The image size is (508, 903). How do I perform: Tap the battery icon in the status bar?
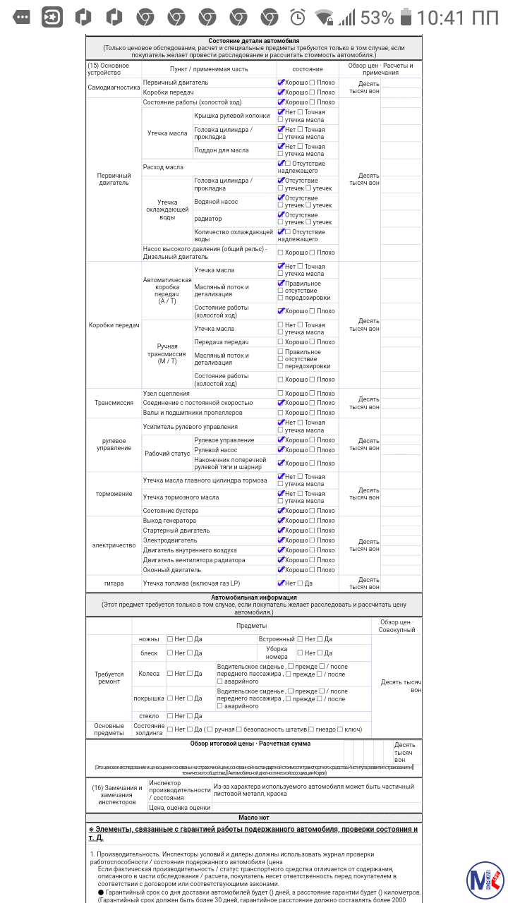coord(406,16)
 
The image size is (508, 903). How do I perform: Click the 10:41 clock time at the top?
coord(457,17)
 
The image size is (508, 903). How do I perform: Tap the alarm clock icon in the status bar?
coord(298,16)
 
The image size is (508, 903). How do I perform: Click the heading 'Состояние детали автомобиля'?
coord(254,41)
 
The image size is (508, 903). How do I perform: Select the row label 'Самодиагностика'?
coord(114,87)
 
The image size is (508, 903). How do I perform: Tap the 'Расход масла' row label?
coord(163,167)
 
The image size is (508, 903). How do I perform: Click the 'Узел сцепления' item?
coord(167,393)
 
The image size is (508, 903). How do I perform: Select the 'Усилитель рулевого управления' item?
coord(190,427)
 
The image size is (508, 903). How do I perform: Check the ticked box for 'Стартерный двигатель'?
coord(281,531)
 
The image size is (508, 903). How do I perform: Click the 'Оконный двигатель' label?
coord(172,570)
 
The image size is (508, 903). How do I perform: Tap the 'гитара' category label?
coord(114,583)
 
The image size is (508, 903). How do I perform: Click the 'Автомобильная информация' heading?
coord(254,598)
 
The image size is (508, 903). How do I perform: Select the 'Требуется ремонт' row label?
coord(109,678)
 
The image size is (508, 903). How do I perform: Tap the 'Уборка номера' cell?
coord(277,653)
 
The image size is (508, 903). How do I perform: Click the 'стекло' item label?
coord(149,716)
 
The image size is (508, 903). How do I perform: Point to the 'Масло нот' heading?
coord(254,817)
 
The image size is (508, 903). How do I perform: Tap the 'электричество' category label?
coord(114,545)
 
